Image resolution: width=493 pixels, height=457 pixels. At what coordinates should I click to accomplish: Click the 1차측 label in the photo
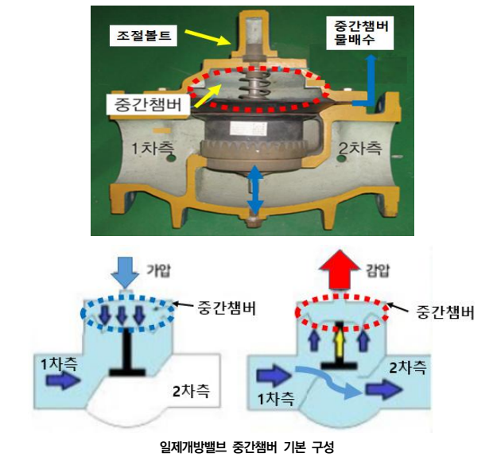[x=157, y=148]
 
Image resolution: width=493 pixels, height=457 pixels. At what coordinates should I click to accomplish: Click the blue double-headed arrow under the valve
[x=255, y=191]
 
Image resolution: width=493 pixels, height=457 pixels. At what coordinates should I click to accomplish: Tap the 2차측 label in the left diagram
[x=190, y=391]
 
